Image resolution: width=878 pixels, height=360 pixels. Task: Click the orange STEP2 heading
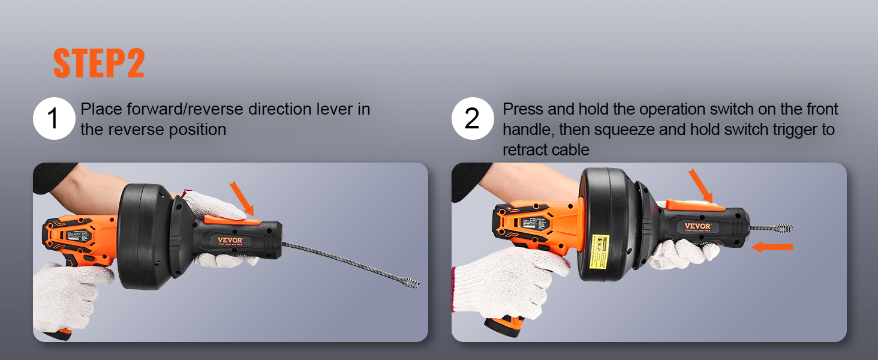(x=99, y=63)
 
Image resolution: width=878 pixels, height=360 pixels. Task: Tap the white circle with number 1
(x=53, y=119)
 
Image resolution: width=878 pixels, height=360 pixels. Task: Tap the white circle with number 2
(x=472, y=119)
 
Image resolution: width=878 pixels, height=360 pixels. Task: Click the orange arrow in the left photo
(x=241, y=198)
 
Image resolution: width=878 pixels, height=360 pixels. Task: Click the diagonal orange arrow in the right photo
(x=700, y=185)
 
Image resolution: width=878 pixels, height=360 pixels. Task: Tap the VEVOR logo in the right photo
(x=697, y=226)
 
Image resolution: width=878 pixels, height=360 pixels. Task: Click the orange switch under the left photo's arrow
(x=231, y=220)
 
